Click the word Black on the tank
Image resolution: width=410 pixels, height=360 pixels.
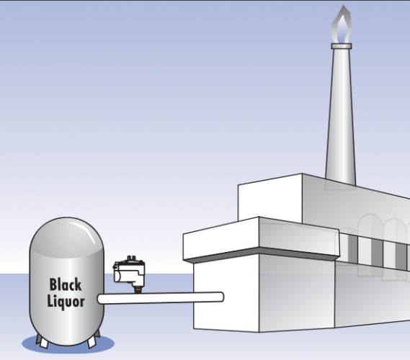[66, 284]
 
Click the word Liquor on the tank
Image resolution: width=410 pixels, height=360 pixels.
[66, 302]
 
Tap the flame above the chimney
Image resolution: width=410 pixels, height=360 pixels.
[342, 24]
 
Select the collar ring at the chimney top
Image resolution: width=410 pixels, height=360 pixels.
[342, 46]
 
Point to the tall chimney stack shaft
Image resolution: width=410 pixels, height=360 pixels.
[341, 116]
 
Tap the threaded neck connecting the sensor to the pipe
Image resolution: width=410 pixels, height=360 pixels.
[138, 289]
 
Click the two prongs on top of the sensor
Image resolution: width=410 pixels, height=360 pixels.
[132, 258]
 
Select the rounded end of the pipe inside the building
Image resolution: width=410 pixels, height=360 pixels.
[221, 297]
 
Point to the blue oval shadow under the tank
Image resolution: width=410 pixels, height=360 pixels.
[68, 344]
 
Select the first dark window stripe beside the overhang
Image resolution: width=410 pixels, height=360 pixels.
[353, 249]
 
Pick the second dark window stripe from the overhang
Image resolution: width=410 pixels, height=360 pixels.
[377, 253]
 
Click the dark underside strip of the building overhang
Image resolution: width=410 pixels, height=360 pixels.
[262, 254]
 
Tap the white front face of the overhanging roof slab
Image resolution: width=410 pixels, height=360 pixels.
[221, 238]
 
